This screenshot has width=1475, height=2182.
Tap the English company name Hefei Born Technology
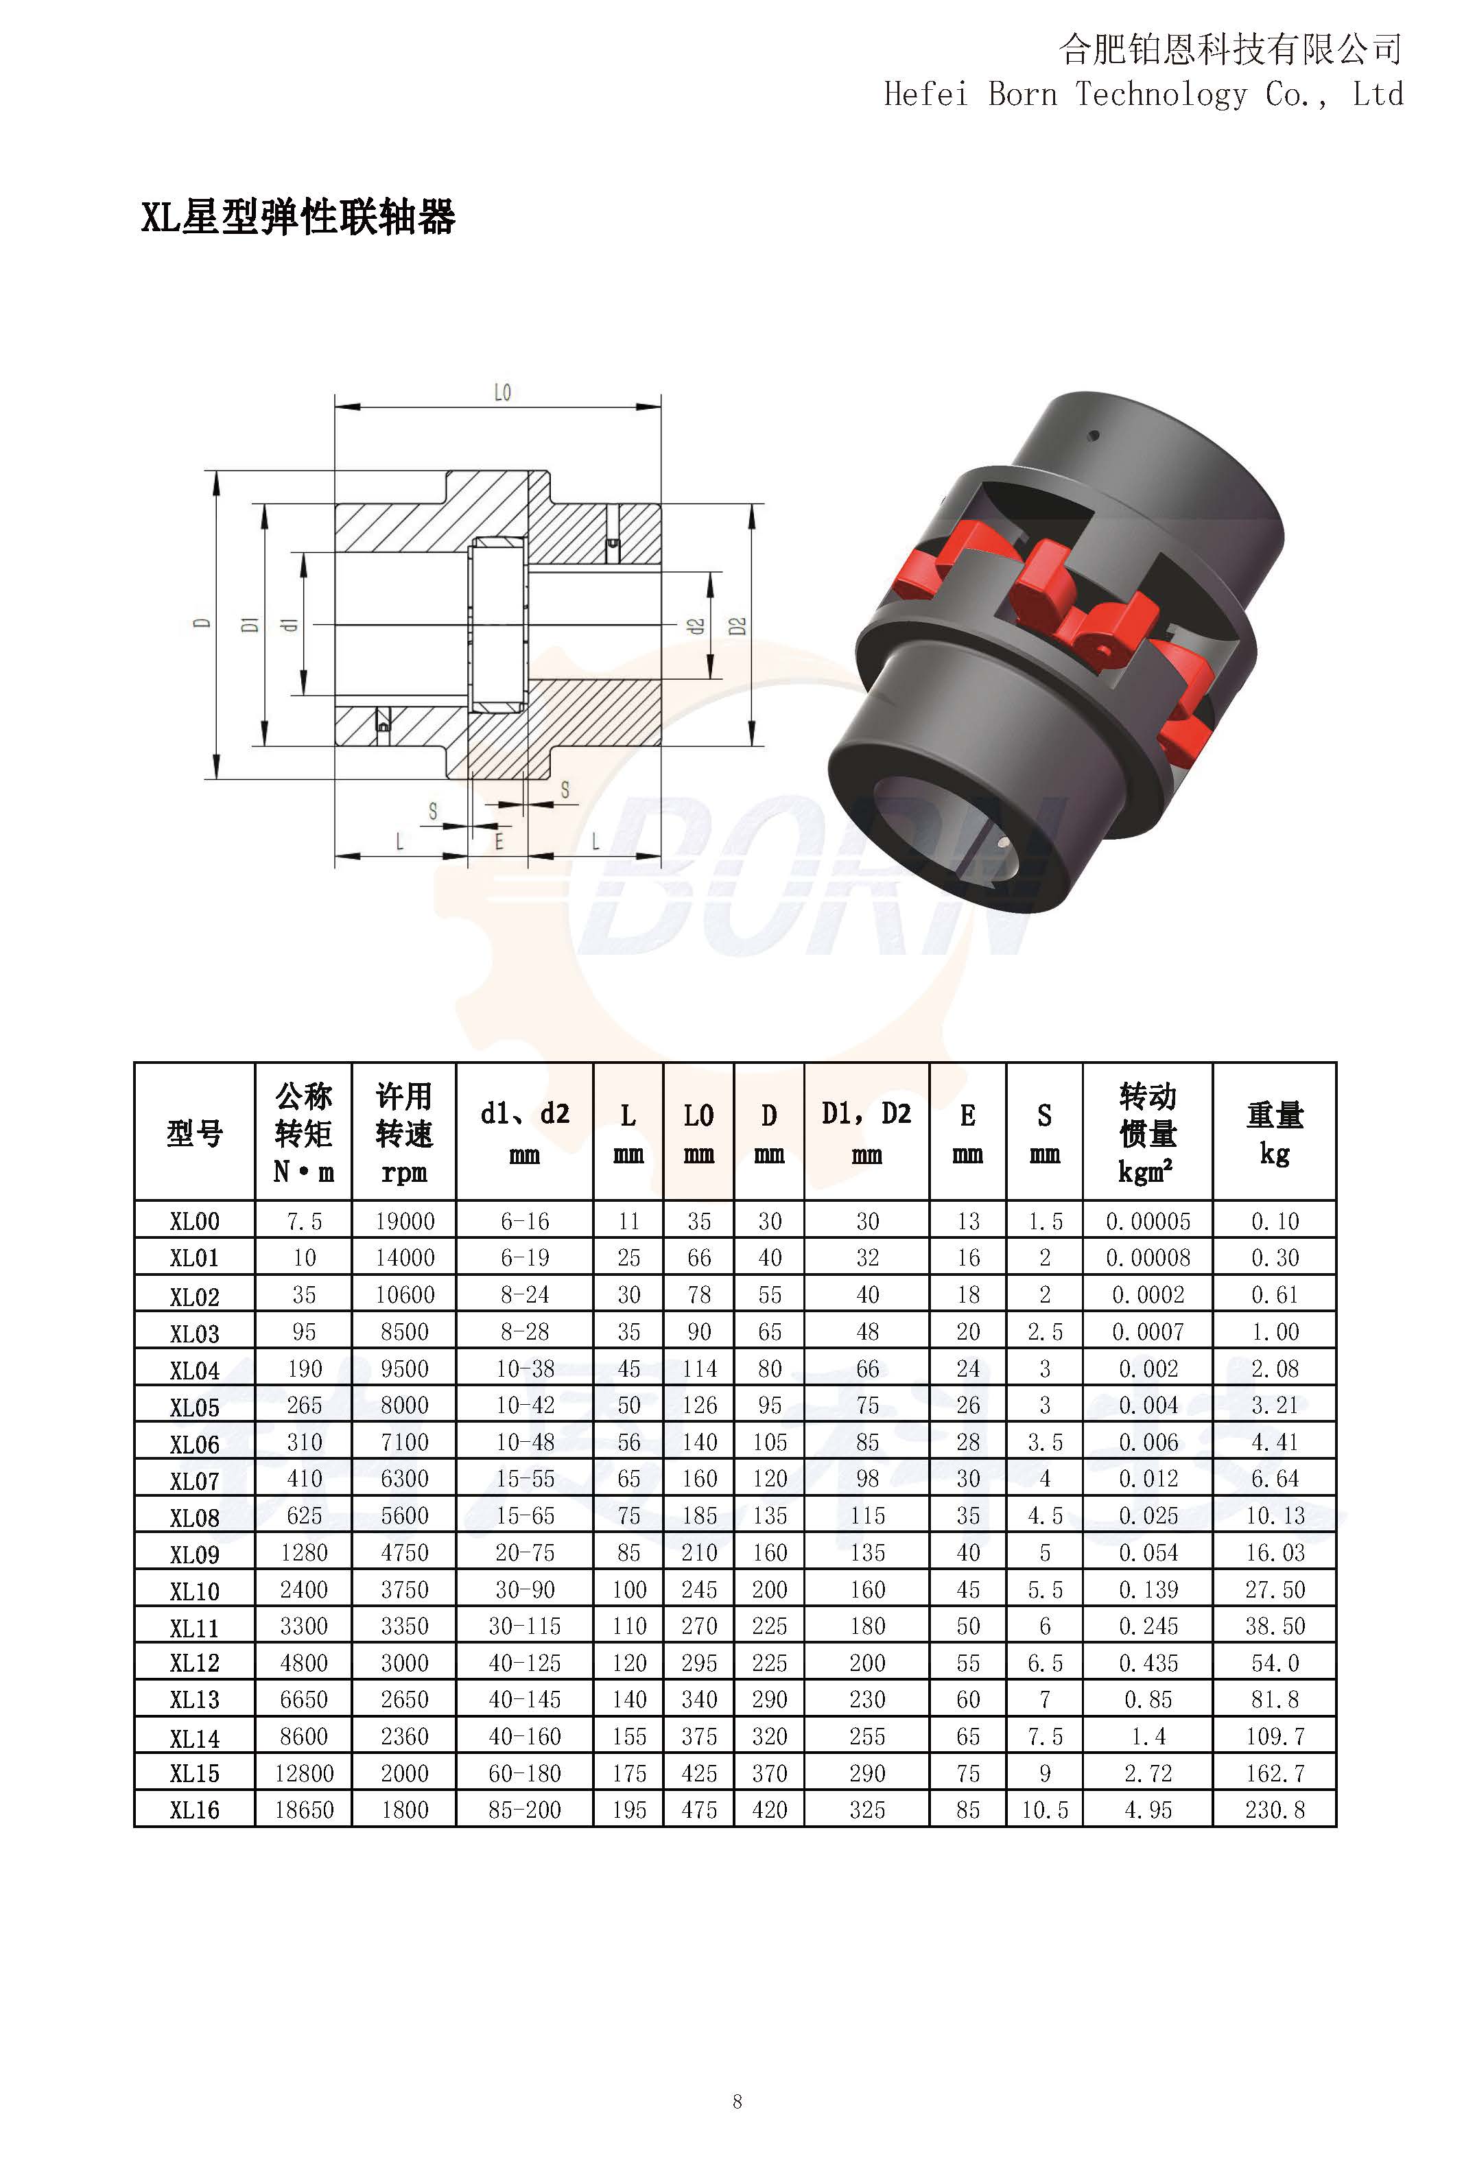click(x=1065, y=95)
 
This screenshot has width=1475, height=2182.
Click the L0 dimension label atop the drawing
click(x=502, y=392)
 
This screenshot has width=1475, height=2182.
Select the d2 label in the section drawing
click(x=696, y=626)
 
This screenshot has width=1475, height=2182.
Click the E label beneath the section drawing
click(x=499, y=841)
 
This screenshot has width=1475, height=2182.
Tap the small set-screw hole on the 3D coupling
click(x=1092, y=436)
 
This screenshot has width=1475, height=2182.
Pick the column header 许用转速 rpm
click(x=403, y=1133)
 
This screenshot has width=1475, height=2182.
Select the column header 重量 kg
click(x=1274, y=1134)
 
